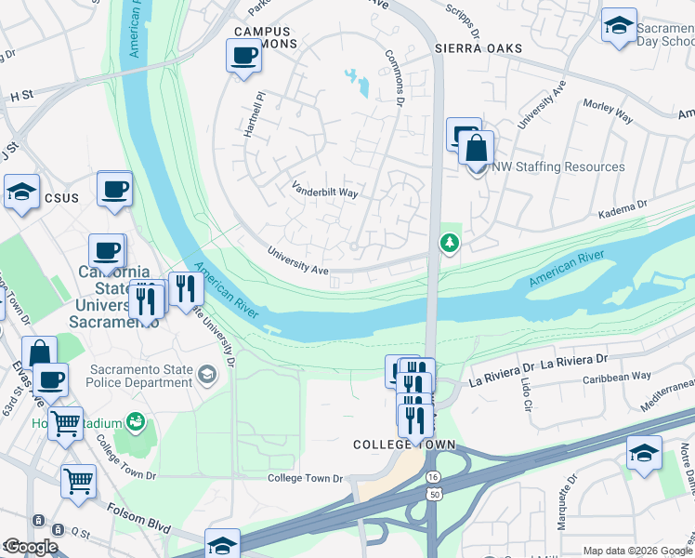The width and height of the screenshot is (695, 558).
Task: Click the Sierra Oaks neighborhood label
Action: click(478, 47)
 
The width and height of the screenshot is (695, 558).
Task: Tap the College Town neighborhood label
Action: click(404, 445)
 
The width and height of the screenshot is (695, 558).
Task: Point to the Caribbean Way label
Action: click(617, 377)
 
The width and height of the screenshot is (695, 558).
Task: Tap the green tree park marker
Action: click(450, 243)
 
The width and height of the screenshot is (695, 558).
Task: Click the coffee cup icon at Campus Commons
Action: click(243, 55)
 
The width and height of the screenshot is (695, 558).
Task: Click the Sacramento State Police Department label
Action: click(141, 376)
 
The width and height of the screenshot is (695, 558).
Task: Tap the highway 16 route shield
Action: click(433, 476)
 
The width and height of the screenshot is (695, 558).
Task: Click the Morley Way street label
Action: click(608, 112)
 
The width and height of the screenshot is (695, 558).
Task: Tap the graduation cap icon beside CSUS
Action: click(21, 193)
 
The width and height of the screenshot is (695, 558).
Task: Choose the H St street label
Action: click(21, 95)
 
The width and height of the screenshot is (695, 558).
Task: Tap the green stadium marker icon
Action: click(137, 423)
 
